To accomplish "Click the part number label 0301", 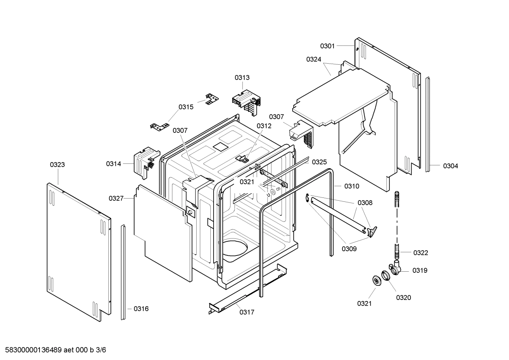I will tap(327, 46).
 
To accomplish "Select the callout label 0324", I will tap(313, 59).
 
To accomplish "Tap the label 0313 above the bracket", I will tap(242, 78).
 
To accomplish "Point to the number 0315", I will tap(186, 107).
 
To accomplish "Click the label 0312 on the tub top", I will tap(264, 126).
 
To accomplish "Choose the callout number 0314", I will tap(113, 164).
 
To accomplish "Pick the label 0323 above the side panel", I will tap(57, 165).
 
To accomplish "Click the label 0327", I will tap(116, 198).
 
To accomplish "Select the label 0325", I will tap(319, 162).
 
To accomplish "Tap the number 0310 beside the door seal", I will tap(352, 186).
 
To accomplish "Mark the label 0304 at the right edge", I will tap(450, 166).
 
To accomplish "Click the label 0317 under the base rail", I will tap(247, 312).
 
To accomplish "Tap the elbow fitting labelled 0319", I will tap(396, 269).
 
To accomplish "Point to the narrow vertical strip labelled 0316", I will tap(123, 272).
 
